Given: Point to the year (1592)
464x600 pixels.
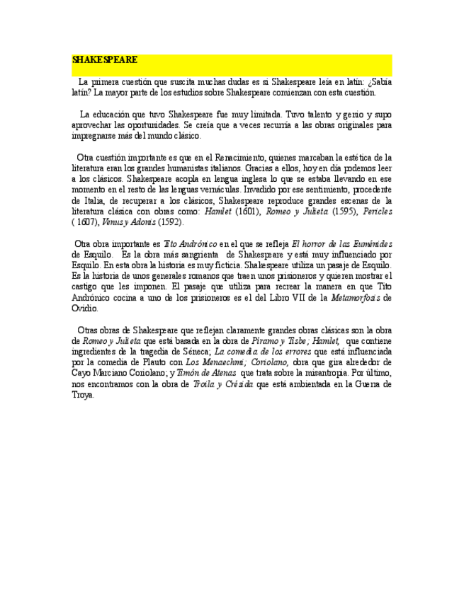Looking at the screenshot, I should [x=169, y=222].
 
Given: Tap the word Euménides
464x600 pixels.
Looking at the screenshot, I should [x=371, y=243].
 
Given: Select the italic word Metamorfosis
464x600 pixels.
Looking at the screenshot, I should [x=358, y=298].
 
